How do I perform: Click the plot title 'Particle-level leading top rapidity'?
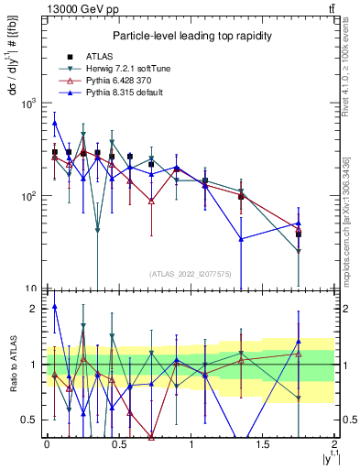point(190,36)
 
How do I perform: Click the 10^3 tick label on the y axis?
point(27,104)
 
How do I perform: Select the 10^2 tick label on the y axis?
point(27,196)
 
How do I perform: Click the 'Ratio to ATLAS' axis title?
point(12,364)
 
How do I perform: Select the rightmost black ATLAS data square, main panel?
point(299,234)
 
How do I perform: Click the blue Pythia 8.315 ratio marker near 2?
point(55,308)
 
